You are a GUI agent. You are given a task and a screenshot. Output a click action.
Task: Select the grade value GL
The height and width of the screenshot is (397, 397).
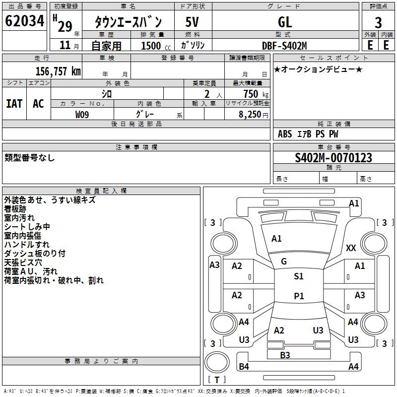(285, 22)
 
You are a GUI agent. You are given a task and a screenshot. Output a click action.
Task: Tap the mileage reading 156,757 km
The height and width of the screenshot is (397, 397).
(58, 71)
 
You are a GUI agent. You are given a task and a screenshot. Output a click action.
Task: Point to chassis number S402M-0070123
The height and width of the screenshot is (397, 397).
(333, 158)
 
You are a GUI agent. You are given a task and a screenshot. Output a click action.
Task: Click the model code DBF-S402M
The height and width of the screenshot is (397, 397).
(285, 45)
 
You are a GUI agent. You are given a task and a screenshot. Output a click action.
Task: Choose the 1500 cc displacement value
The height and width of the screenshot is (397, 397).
(152, 46)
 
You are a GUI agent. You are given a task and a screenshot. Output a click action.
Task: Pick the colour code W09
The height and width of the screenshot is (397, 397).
(82, 114)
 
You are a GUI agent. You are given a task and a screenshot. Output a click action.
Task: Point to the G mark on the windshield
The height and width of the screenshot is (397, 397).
(284, 262)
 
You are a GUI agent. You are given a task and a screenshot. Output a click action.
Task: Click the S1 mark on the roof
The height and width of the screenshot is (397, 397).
(298, 276)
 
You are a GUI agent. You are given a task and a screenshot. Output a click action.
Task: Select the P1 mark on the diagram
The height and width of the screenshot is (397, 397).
(298, 296)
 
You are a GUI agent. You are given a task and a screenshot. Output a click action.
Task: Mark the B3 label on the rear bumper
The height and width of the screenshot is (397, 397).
(285, 355)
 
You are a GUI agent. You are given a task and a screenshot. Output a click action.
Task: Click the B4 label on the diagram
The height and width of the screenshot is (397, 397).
(244, 367)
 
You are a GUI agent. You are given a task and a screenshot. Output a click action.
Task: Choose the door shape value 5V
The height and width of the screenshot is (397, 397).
(192, 22)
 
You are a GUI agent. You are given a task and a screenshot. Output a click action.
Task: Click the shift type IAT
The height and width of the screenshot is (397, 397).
(14, 103)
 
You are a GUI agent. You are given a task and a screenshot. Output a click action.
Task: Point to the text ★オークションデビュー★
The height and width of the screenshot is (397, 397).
(318, 69)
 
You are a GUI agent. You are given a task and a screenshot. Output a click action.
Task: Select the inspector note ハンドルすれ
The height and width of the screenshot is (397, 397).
(27, 245)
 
